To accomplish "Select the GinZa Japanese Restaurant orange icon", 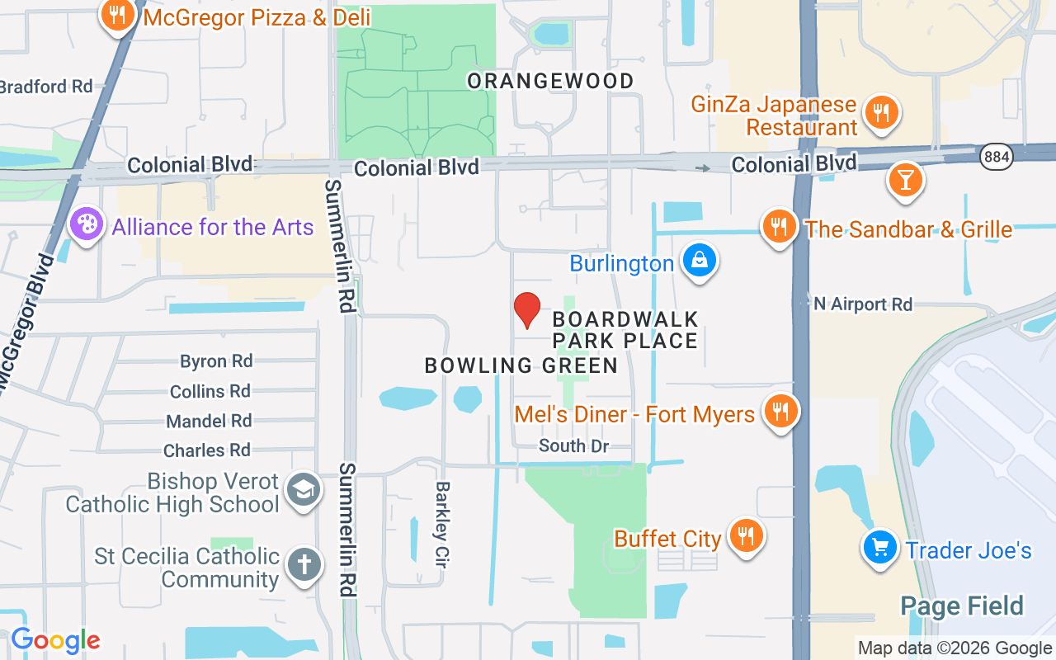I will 881,112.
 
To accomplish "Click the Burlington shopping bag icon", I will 700,262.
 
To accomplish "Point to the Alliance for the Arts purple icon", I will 87,224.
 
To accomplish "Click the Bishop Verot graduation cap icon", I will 303,491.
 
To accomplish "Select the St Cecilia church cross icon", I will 303,566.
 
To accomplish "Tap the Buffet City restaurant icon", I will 747,537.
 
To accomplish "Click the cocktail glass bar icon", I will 905,181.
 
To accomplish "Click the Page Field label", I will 961,606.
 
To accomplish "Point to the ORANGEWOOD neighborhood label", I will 550,81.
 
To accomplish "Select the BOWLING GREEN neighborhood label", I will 521,365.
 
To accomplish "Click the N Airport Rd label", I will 863,304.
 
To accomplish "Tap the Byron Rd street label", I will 216,361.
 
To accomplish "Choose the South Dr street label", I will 573,446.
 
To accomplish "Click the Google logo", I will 55,640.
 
